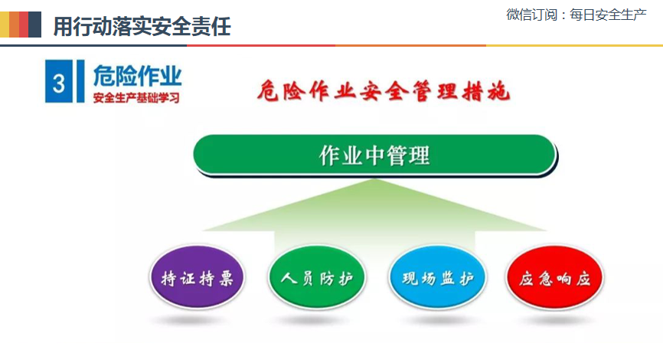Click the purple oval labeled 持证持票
click(x=197, y=277)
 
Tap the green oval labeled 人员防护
click(x=317, y=277)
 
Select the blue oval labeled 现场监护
click(x=437, y=277)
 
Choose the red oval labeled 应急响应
click(x=554, y=277)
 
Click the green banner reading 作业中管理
click(x=374, y=155)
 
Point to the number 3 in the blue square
click(x=59, y=83)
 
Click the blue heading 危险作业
click(x=137, y=76)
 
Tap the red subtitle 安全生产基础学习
click(x=136, y=98)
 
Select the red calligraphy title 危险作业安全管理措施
click(x=384, y=90)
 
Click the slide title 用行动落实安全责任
click(x=142, y=26)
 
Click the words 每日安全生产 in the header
click(x=608, y=15)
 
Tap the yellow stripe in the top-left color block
click(x=5, y=25)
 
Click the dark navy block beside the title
click(x=34, y=25)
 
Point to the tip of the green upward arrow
click(x=374, y=179)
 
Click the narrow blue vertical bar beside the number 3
click(x=80, y=81)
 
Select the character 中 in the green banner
click(x=374, y=155)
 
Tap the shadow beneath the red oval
click(x=554, y=321)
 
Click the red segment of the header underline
click(x=261, y=45)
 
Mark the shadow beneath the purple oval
click(x=197, y=321)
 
